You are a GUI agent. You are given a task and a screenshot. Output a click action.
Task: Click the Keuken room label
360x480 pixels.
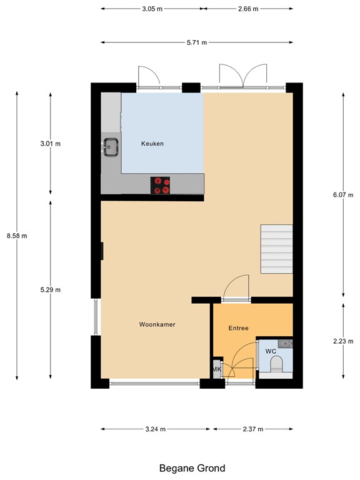(152, 144)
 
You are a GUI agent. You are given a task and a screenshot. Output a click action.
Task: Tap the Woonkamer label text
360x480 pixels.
(157, 324)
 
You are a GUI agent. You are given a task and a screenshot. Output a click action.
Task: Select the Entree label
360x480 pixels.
(238, 328)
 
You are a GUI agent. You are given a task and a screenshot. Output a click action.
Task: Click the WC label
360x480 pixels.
(271, 352)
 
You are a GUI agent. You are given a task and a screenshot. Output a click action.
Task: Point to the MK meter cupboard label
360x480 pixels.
(217, 369)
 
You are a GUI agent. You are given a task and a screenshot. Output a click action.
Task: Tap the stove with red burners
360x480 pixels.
(161, 185)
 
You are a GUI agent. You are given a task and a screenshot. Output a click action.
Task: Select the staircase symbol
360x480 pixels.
(276, 249)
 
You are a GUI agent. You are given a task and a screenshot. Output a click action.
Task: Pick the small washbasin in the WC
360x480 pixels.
(286, 344)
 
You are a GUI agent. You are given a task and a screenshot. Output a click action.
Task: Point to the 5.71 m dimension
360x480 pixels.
(196, 42)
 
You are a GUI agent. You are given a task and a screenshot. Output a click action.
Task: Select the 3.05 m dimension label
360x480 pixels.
(152, 9)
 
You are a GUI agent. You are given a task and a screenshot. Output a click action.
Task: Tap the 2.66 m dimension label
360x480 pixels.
(248, 9)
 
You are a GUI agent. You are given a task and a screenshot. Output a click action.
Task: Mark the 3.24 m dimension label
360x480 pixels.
(156, 429)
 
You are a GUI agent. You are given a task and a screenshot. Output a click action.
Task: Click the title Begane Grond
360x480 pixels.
(192, 467)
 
